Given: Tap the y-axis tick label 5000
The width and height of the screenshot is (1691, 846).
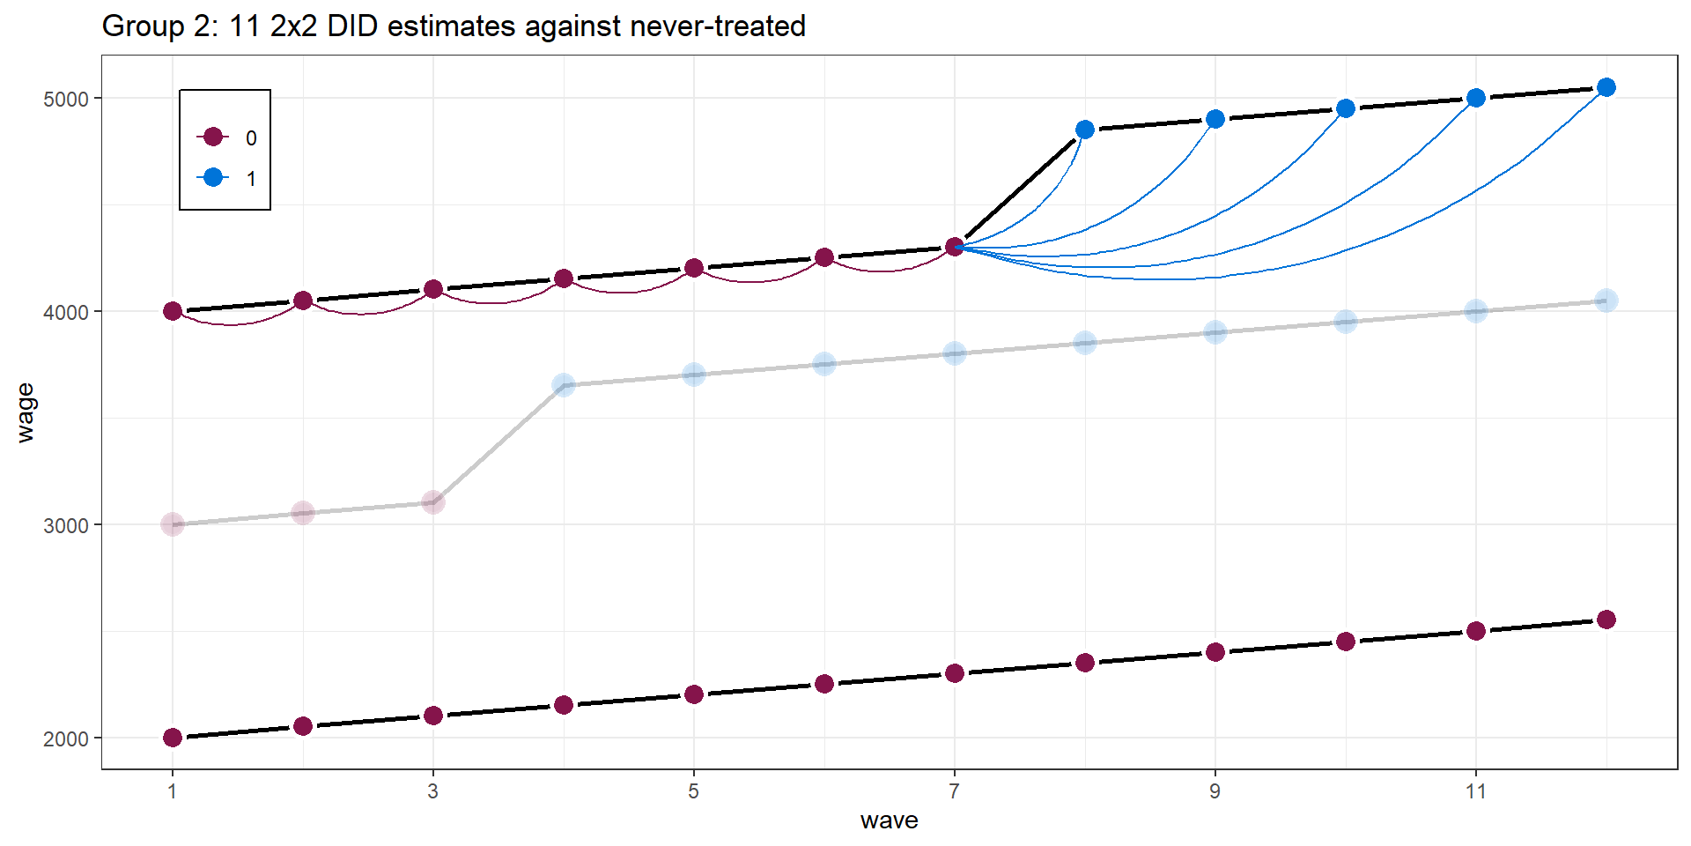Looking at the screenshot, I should coord(65,99).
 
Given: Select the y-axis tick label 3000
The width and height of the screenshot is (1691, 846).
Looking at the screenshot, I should coord(65,526).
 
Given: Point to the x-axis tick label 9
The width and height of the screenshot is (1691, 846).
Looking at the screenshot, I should coord(1215,791).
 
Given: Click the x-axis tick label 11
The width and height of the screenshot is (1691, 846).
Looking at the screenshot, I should coord(1475,791).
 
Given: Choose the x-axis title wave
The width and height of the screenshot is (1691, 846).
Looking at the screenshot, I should coord(889,820).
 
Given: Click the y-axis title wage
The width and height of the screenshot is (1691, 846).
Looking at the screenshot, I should coord(26,412).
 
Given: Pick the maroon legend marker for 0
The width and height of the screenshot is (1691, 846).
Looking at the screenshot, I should coord(212,137).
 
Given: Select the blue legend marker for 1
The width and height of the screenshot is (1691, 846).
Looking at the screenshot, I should coord(212,177).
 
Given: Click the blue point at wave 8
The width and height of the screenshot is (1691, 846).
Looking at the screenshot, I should coord(1085,130).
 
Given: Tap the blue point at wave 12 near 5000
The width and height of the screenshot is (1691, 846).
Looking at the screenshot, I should coord(1606,87).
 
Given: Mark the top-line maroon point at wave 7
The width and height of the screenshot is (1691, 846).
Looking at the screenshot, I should coord(954,247).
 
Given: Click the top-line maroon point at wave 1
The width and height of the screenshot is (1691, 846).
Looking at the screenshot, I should coord(173,311).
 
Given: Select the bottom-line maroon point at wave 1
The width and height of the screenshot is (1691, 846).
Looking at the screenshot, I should coord(173,738).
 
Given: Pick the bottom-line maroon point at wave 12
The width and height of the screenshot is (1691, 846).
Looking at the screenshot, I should coord(1606,620).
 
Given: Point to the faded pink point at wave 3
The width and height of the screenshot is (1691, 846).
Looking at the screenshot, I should coord(433,502).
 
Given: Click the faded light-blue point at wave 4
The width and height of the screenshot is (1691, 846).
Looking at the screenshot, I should coord(564,385).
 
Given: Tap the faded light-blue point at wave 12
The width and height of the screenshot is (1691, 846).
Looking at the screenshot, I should coord(1606,301).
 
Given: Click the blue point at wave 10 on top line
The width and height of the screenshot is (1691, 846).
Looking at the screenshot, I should coord(1345,108).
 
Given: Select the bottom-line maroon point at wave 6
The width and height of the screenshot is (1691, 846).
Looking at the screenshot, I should coord(824,684).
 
